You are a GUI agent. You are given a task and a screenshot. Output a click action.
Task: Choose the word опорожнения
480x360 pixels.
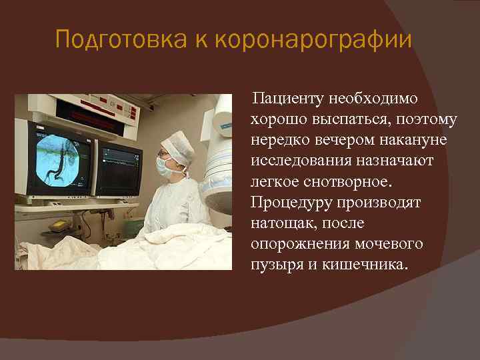(x=295, y=244)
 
